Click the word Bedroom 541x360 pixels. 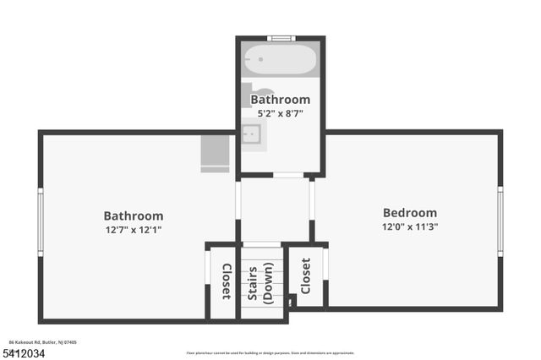410,213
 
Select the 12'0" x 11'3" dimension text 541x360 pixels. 410,226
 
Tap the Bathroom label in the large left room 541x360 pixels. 134,215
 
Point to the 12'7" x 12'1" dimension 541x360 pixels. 134,229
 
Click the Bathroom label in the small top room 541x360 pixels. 280,99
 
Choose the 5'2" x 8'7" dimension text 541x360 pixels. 280,112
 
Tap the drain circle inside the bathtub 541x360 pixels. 261,60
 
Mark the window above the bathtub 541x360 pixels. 281,38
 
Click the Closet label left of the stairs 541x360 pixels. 227,281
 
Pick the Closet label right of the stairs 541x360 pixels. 305,275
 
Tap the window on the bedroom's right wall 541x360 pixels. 500,221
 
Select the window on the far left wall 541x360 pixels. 40,221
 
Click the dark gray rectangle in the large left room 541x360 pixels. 215,152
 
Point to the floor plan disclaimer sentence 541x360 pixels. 270,352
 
